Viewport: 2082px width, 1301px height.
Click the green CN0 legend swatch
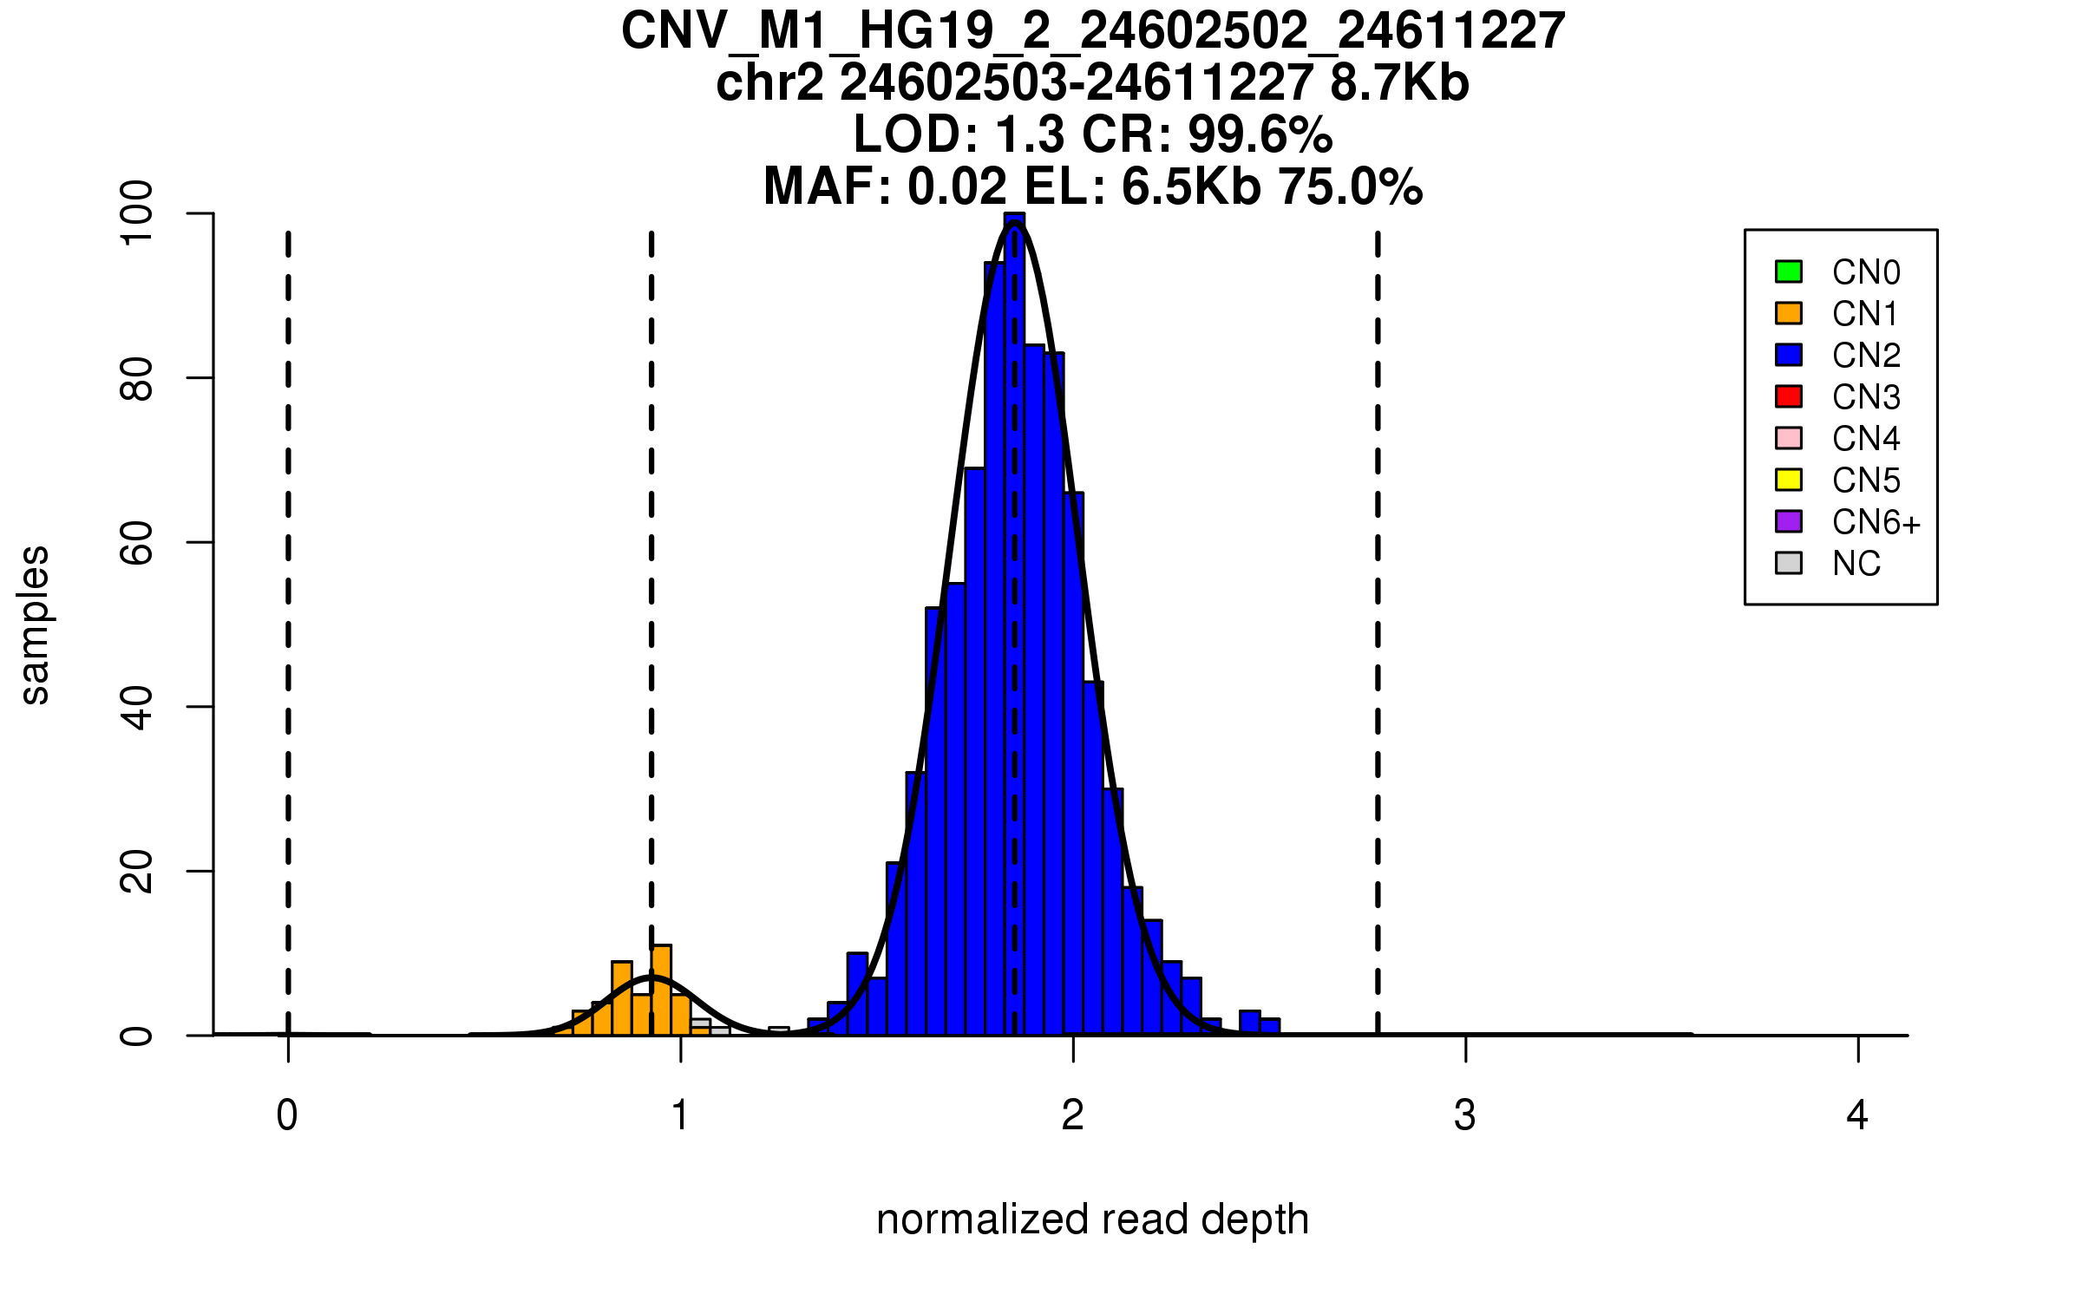1789,271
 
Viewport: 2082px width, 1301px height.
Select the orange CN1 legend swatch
1789,313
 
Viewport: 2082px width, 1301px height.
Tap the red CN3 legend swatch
1789,396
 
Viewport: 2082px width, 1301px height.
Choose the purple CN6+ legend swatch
1789,521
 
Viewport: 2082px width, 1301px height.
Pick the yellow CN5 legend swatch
1789,480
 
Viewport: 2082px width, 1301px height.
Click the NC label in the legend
1856,564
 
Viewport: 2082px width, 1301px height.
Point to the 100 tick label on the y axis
137,213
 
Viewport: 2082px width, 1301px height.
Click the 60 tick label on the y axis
137,543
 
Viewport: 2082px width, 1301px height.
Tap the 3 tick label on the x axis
1465,1115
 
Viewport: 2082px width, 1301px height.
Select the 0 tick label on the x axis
287,1115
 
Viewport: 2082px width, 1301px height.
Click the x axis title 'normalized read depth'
1092,1219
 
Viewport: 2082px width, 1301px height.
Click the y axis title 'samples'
35,624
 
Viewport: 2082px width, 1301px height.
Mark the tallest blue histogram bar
1014,624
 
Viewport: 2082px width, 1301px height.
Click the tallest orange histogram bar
661,990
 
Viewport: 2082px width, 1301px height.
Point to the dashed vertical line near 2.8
1378,607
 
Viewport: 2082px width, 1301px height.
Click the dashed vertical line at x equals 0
288,607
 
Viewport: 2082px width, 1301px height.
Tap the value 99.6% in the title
1260,134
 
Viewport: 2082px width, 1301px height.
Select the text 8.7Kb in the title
1398,83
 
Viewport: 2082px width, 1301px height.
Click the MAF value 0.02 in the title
957,186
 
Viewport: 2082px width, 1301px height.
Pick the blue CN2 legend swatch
1789,355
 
